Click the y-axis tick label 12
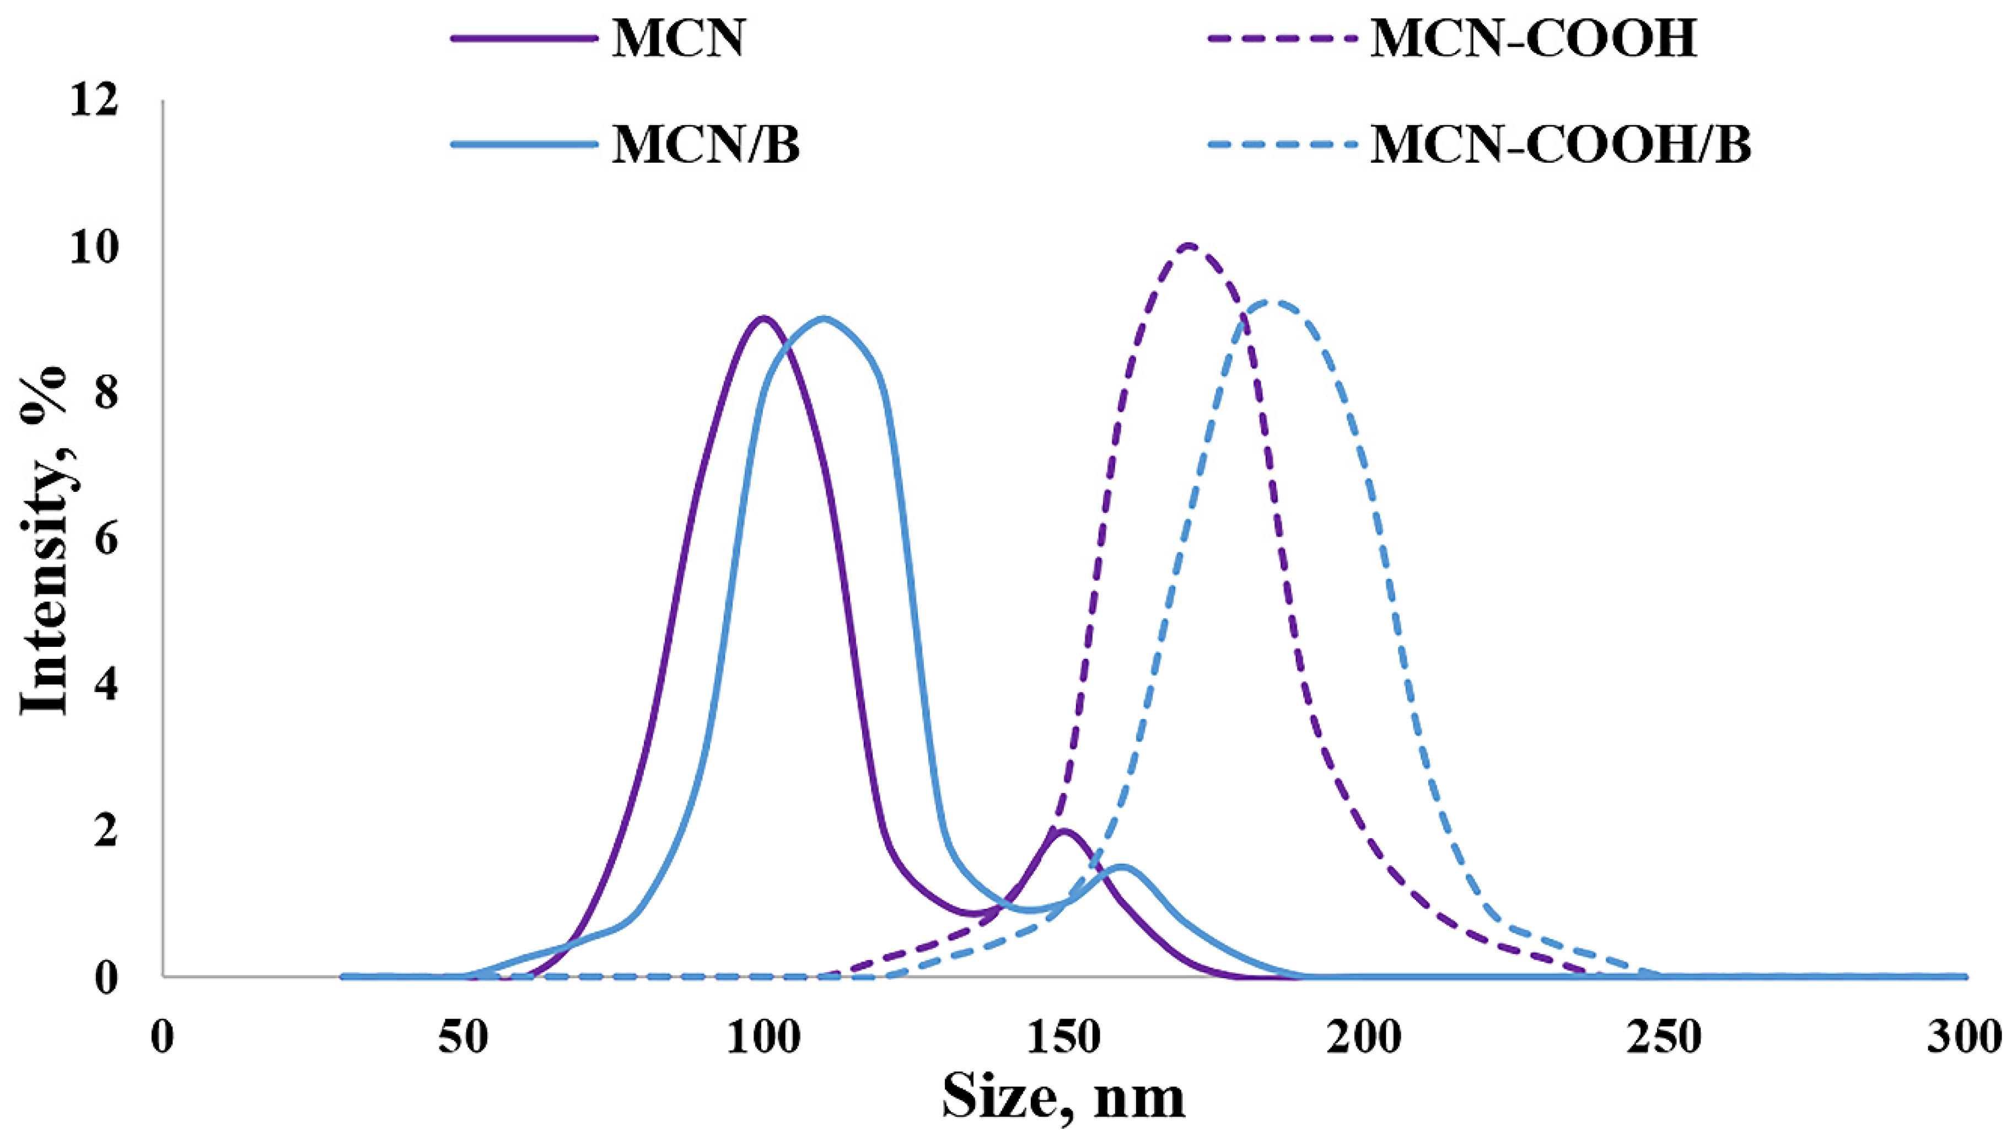point(94,102)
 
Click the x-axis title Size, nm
point(1063,1098)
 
